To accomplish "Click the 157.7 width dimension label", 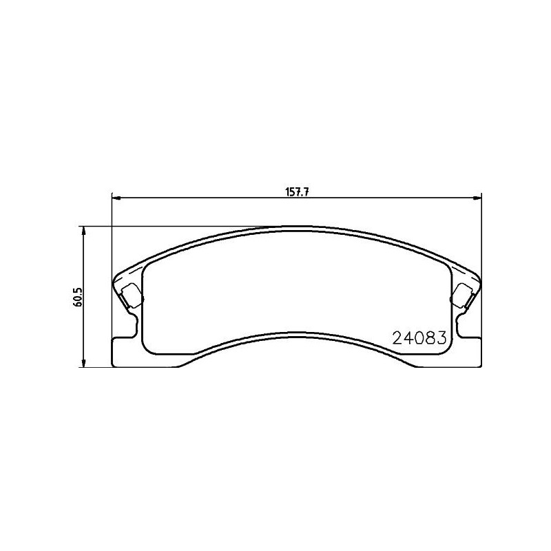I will pyautogui.click(x=296, y=193).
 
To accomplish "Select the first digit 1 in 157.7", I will pyautogui.click(x=287, y=193).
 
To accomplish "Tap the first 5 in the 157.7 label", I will pyautogui.click(x=291, y=193).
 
